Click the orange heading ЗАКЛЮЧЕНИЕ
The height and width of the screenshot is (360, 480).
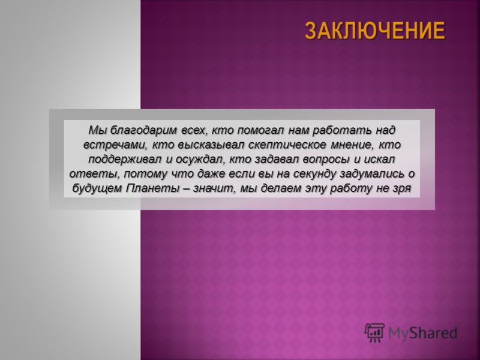pyautogui.click(x=375, y=31)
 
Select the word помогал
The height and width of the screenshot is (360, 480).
pyautogui.click(x=262, y=130)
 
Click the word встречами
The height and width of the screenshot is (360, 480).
pyautogui.click(x=113, y=145)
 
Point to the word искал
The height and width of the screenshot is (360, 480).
pyautogui.click(x=379, y=160)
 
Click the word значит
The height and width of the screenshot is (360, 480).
pyautogui.click(x=215, y=188)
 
